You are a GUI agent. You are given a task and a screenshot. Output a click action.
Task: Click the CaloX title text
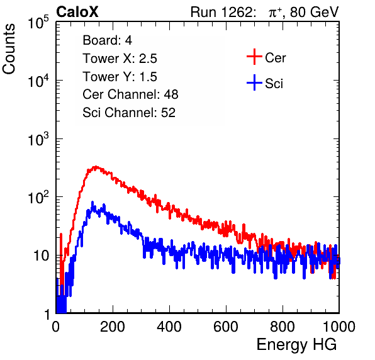77,12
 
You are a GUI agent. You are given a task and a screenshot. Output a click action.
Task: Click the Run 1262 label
221,12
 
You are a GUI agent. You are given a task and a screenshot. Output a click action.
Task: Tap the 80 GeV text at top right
314,12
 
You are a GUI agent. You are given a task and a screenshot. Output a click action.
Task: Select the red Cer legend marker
254,57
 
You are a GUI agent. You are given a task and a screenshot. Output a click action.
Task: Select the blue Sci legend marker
254,82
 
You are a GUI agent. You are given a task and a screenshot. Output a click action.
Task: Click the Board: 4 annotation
108,40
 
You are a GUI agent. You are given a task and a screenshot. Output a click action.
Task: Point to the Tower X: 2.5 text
120,59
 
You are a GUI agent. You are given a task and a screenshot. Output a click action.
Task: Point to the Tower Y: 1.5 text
120,77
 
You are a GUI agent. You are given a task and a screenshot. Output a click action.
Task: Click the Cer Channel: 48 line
130,94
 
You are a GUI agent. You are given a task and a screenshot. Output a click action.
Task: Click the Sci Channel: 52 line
129,113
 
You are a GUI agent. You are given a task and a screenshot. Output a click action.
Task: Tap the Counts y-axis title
9,49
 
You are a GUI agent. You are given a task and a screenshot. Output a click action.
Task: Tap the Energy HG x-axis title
296,344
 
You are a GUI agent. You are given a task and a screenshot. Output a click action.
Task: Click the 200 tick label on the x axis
113,327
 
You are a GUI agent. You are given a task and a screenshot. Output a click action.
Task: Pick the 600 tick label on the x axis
226,327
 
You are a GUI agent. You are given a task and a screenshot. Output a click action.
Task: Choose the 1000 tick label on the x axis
339,327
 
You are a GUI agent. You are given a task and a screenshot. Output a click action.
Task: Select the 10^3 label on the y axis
38,138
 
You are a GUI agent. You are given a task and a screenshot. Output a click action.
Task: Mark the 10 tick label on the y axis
42,256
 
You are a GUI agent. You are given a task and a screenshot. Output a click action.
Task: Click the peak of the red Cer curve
96,167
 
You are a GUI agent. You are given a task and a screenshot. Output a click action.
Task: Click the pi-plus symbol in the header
275,13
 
